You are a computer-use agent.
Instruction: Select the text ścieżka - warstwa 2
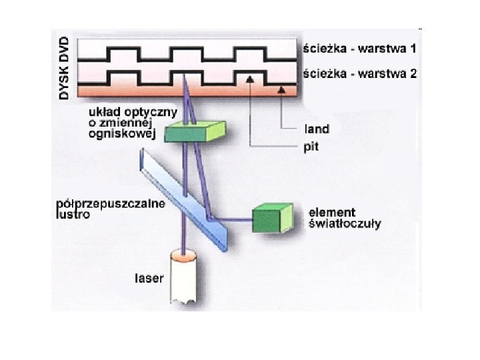point(359,74)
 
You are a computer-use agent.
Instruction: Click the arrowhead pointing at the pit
point(249,79)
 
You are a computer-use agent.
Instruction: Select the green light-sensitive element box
point(271,218)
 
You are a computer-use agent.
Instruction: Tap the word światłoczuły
point(345,224)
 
